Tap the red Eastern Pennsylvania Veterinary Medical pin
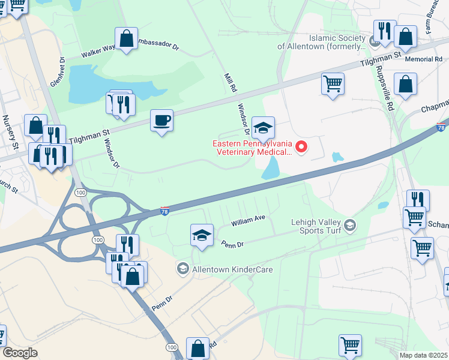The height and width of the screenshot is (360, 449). coord(303,146)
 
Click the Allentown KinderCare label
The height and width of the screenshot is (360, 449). coord(232,269)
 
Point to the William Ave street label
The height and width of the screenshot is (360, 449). coord(249,221)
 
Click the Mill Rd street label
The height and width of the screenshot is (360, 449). coord(229,83)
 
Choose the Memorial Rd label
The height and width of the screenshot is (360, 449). coord(423,59)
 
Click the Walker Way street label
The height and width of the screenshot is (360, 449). coord(98,52)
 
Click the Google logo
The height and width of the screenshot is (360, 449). coord(20,353)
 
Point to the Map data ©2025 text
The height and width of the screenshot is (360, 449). coord(424,355)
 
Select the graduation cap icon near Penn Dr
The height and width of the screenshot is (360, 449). coord(202,235)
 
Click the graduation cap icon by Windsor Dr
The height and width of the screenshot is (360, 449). coord(263,128)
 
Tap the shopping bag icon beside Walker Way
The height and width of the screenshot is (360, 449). coord(126,39)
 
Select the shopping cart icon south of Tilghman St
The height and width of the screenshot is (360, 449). coord(333,83)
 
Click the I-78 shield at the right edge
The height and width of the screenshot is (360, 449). coord(441,128)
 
